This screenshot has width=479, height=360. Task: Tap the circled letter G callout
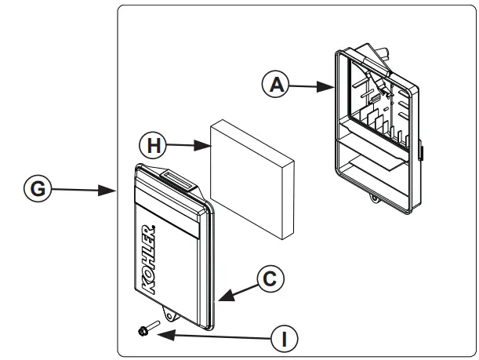37,189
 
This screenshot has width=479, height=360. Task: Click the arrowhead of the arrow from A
333,89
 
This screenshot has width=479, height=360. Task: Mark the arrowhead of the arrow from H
208,145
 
